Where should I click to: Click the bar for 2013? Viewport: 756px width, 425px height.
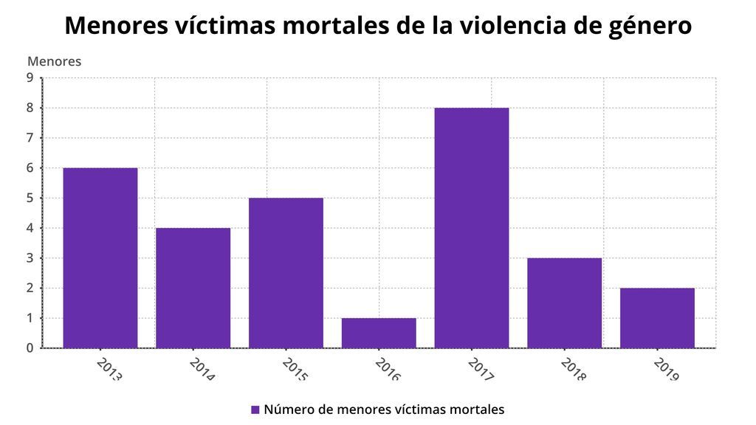[x=100, y=258]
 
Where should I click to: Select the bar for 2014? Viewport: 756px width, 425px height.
[x=193, y=288]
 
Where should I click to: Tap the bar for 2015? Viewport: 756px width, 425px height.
[x=286, y=272]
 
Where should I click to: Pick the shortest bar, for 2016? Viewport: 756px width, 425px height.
[x=379, y=333]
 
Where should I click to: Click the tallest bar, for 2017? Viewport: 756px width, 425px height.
[x=472, y=227]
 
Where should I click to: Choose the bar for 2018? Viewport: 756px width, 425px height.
[x=564, y=303]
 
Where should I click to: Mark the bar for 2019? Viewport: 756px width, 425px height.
[x=657, y=317]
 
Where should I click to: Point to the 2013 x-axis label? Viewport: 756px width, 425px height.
[x=109, y=369]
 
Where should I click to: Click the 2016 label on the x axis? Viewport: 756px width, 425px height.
[x=388, y=369]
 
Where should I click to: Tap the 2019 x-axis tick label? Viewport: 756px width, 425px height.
[x=666, y=369]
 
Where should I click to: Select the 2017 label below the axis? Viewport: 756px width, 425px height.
[x=481, y=369]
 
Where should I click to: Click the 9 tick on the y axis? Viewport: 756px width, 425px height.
[x=30, y=77]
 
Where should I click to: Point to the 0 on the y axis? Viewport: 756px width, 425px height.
[x=30, y=348]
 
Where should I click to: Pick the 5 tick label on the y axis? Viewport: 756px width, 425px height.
[x=30, y=198]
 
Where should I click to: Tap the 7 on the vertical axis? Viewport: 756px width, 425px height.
[x=30, y=138]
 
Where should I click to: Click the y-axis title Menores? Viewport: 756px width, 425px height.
[x=54, y=61]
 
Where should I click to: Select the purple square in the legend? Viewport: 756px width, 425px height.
[x=255, y=410]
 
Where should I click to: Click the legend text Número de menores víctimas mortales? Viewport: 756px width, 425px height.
[x=384, y=410]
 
